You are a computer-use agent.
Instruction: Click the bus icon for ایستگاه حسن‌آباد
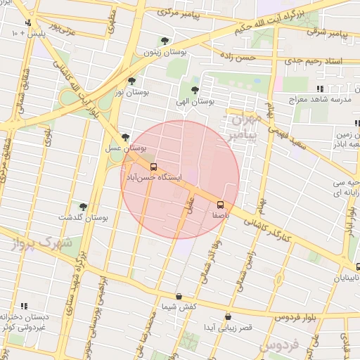coord(153,167)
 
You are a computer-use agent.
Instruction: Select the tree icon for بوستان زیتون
coord(165,41)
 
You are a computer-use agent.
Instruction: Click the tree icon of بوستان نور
coord(131,82)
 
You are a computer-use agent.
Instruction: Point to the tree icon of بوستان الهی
coord(195,90)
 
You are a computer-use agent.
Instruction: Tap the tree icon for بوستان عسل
coord(125,138)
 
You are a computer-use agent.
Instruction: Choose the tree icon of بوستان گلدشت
coord(83,207)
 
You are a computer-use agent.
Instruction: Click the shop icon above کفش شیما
coord(179,296)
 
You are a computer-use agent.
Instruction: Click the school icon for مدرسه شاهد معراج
coord(320,89)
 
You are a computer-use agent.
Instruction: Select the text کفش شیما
coord(179,307)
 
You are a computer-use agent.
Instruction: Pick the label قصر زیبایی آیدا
coord(228,328)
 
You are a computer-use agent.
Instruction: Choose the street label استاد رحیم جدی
coord(316,62)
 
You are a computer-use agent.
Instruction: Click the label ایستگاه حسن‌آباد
coord(153,179)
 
